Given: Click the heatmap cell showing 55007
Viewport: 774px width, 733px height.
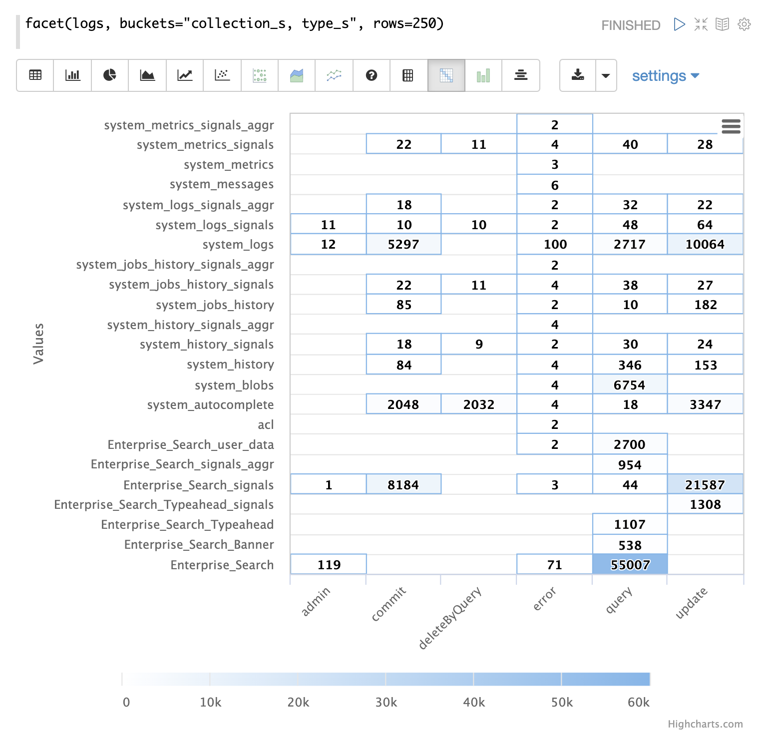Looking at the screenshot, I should click(x=630, y=564).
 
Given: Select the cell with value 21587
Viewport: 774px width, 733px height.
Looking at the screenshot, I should click(x=705, y=484).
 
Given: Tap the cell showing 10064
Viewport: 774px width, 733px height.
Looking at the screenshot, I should click(x=705, y=244).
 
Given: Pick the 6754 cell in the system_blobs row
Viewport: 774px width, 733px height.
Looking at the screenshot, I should click(x=629, y=384).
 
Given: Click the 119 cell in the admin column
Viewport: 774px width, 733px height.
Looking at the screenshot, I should click(x=329, y=564).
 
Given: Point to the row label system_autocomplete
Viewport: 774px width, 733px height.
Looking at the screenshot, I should click(x=210, y=404).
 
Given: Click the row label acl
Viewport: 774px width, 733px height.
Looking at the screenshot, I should click(x=266, y=424).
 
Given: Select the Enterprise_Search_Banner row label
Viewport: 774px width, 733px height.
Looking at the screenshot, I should click(x=199, y=544).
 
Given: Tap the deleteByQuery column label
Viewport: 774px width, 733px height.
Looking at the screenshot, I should click(x=449, y=618).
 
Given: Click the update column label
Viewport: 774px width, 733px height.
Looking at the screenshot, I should click(x=691, y=603).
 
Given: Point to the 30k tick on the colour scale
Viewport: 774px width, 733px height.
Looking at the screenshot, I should click(x=386, y=702).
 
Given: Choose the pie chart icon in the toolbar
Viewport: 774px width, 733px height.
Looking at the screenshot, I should click(x=110, y=75).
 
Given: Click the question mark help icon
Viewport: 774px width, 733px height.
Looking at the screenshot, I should click(x=371, y=75).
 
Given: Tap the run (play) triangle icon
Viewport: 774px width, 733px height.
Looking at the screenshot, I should click(x=679, y=24).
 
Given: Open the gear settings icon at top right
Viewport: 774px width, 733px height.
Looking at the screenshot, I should click(x=744, y=24).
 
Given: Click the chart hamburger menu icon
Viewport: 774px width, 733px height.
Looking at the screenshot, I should click(x=731, y=127).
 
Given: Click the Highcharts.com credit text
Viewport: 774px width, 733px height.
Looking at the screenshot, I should click(x=705, y=724).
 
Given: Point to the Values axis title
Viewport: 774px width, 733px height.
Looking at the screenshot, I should click(x=38, y=344).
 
